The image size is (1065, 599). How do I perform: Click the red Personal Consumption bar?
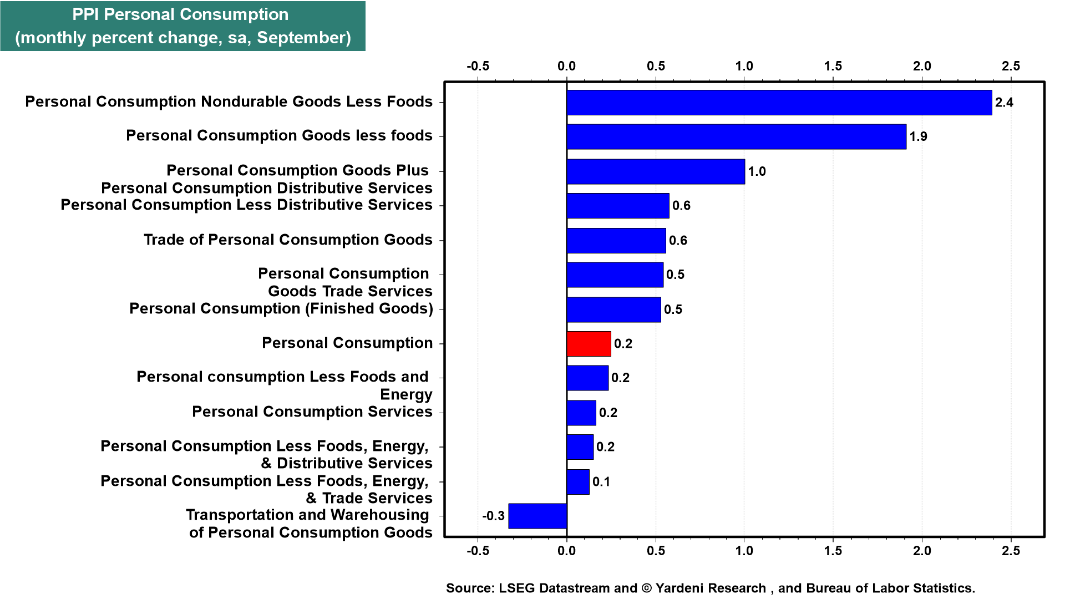pos(589,344)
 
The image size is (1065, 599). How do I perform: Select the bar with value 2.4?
pos(779,103)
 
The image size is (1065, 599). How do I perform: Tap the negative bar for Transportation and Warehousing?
pos(537,516)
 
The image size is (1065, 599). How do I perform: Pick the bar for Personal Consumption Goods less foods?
pos(736,136)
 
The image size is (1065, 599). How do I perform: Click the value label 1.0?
pos(757,171)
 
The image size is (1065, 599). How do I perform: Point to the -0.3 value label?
pos(493,516)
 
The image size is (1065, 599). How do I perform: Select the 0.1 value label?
pos(601,481)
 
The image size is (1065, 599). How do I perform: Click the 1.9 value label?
pos(918,136)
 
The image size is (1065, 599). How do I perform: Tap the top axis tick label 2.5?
pos(1010,66)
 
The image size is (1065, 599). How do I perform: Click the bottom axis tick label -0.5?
pos(478,551)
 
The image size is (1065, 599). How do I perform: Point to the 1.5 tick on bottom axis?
pos(833,551)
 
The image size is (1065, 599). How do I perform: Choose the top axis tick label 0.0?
pos(566,66)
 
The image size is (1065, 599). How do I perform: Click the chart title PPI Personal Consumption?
pos(180,14)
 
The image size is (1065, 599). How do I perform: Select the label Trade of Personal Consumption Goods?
pos(288,240)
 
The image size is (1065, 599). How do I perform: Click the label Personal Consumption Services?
pos(312,412)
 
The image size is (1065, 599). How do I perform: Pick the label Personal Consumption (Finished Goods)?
pos(281,308)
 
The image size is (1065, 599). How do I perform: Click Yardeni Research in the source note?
pos(711,588)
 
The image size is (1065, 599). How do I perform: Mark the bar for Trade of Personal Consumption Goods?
pos(616,241)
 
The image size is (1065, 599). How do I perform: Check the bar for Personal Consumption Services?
pos(581,413)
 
